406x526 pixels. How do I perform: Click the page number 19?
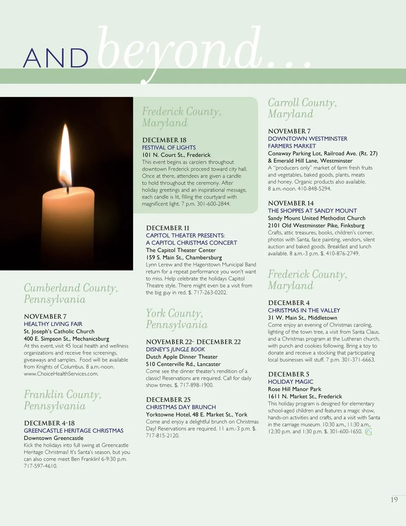[x=394, y=500]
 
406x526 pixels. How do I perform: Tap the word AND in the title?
[x=55, y=58]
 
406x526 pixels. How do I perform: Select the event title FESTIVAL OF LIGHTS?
[x=169, y=147]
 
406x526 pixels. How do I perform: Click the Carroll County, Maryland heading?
[x=302, y=108]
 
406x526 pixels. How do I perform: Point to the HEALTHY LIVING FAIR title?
[x=53, y=324]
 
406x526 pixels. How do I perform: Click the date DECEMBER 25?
[x=168, y=399]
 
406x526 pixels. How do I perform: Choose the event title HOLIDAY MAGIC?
[x=291, y=382]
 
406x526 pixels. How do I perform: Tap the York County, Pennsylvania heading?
[x=176, y=319]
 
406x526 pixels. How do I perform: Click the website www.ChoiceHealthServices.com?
[x=61, y=374]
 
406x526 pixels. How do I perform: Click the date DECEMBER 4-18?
[x=49, y=423]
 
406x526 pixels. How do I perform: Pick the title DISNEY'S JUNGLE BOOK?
[x=175, y=349]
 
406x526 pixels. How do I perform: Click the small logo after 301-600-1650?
[x=368, y=432]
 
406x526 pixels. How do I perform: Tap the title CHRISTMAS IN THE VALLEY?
[x=304, y=310]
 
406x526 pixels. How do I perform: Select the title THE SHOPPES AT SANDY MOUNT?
[x=312, y=210]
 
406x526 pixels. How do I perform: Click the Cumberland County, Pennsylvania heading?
[x=71, y=293]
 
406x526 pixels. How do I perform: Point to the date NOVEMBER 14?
[x=291, y=203]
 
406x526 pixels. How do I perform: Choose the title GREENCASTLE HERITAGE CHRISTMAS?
[x=74, y=431]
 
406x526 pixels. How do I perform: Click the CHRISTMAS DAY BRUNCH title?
[x=181, y=407]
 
